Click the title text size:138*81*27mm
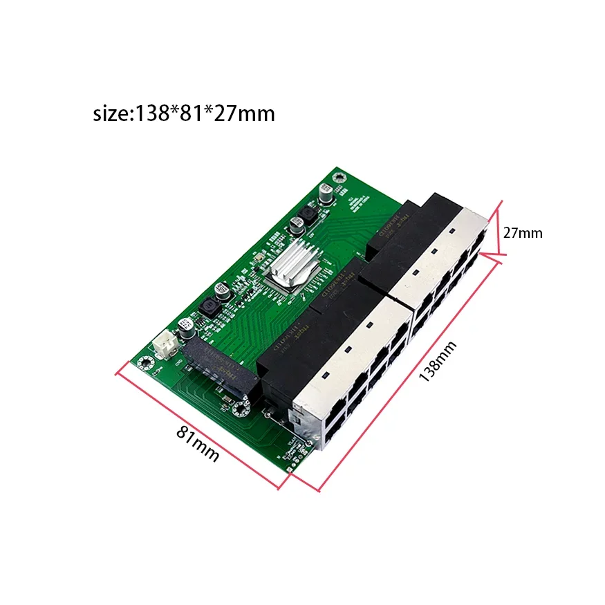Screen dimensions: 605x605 tap(183, 113)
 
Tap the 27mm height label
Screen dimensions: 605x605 tap(522, 234)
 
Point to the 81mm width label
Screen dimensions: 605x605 tap(198, 443)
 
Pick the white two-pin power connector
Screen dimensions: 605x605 tap(167, 344)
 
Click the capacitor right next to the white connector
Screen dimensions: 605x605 tap(185, 327)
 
